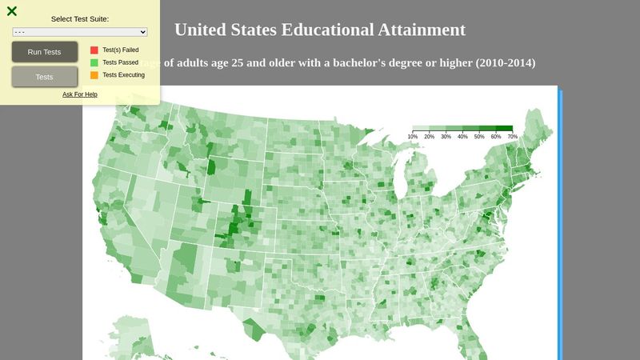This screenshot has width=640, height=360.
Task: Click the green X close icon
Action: (12, 11)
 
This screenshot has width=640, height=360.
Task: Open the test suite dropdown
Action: (80, 31)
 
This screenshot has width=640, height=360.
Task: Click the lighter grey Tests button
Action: (45, 77)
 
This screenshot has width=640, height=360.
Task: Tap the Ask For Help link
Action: (80, 94)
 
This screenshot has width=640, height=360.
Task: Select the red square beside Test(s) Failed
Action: (94, 50)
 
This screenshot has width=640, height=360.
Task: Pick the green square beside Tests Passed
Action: (94, 62)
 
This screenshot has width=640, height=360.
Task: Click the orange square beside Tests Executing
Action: (94, 75)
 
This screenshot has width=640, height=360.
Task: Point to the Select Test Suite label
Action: (80, 18)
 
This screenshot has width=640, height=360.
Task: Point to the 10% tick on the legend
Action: (413, 137)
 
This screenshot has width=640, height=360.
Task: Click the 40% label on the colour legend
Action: (462, 137)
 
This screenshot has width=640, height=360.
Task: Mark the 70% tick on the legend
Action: (512, 137)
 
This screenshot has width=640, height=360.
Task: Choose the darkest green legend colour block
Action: (504, 128)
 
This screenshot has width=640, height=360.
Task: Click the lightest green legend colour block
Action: (421, 128)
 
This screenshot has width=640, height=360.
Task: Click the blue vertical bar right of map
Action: (560, 224)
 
